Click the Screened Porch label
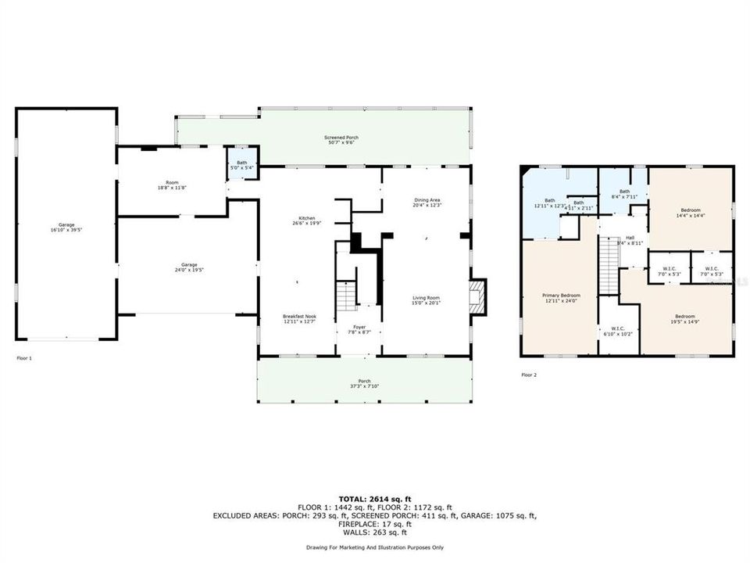341,140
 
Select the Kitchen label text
306,221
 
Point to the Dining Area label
427,203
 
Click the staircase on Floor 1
345,296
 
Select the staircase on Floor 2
607,264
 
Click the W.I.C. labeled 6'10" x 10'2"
617,331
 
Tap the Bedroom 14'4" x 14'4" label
691,212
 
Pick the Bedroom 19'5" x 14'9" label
684,318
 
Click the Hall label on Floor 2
630,240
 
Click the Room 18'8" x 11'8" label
172,185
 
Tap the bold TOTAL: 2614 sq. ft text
376,497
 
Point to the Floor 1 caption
24,357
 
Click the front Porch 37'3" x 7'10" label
366,383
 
